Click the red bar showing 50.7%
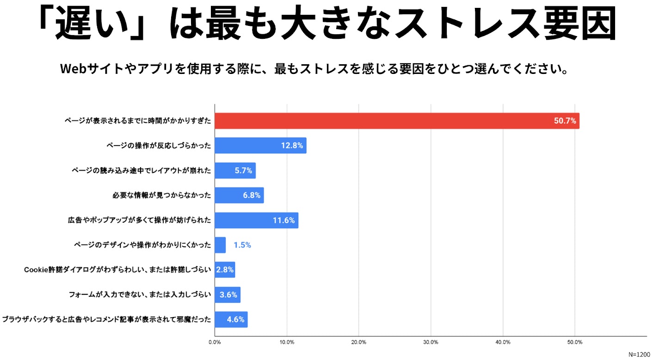pos(397,121)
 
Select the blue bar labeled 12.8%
pos(260,146)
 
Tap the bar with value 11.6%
pos(257,220)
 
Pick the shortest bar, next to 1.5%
pos(221,245)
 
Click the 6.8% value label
pos(252,195)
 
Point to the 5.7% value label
pos(243,171)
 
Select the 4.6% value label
pos(235,319)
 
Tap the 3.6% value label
pos(228,295)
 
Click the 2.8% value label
pos(225,270)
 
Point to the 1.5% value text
pos(242,245)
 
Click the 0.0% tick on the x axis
pos(215,342)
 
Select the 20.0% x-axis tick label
pos(359,342)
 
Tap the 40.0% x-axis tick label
pos(503,342)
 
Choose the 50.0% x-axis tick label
pos(575,342)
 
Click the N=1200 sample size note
pos(639,354)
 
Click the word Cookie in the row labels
pos(34,270)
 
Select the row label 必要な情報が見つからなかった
pos(161,195)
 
